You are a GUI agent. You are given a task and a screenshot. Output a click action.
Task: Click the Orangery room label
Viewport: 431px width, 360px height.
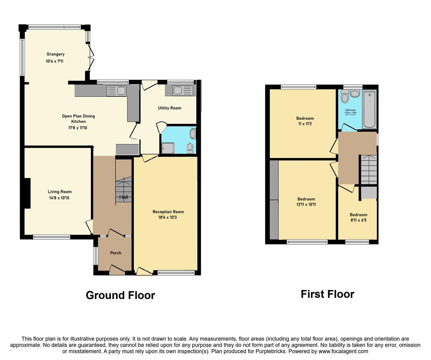(55, 54)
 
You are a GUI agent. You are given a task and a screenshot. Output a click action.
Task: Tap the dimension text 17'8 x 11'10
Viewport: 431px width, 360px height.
(78, 128)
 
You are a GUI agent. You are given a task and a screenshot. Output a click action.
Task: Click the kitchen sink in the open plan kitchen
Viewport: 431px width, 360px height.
(116, 91)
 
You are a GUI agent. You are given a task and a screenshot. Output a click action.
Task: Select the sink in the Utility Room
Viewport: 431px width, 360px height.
(182, 90)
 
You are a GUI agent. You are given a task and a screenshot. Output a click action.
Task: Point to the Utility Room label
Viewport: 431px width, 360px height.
(169, 108)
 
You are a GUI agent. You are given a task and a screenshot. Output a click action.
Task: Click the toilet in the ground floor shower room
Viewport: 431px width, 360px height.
(190, 148)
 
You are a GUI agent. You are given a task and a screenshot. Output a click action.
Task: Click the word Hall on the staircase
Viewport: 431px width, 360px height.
(124, 197)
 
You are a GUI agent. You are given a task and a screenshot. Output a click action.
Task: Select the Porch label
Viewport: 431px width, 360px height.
(116, 253)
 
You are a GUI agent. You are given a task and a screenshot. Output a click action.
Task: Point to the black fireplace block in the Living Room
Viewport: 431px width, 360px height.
(27, 193)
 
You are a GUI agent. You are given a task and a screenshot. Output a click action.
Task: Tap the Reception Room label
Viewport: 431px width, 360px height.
(168, 212)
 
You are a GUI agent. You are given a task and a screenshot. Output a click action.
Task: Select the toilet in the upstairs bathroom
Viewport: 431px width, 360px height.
(345, 97)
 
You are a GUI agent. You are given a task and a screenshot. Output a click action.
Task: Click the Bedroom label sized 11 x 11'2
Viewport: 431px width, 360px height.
(305, 118)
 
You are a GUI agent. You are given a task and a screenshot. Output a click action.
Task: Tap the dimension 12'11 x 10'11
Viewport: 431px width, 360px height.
(306, 204)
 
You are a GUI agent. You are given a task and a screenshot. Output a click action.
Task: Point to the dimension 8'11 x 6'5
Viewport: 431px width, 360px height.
(358, 220)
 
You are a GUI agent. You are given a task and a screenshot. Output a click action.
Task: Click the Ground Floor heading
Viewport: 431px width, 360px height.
(120, 295)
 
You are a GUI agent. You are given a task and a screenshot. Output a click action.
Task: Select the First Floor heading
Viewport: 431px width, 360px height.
(327, 294)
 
